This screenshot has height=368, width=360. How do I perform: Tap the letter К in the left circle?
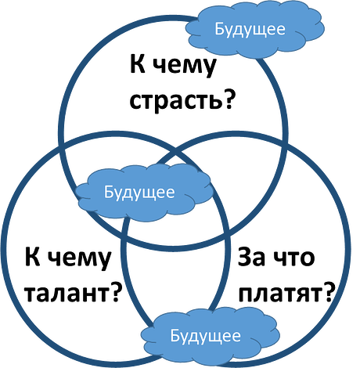(33, 257)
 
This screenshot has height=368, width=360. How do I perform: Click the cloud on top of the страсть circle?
(255, 30)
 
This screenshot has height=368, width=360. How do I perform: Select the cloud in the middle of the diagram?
(144, 193)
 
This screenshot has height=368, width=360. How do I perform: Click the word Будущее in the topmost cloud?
(250, 29)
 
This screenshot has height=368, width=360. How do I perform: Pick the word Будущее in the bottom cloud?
(206, 336)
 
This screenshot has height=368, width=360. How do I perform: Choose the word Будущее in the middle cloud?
(139, 193)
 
